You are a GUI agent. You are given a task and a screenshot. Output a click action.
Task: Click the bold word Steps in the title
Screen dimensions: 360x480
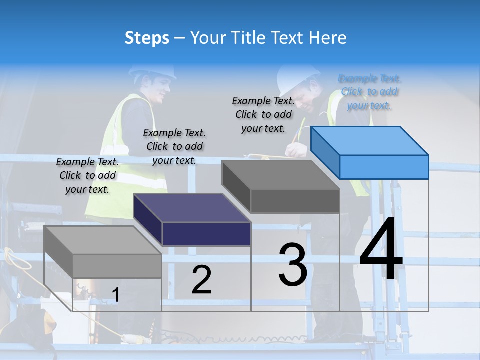pos(147,38)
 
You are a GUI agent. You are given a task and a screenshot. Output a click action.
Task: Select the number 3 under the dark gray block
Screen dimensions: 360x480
pos(293,265)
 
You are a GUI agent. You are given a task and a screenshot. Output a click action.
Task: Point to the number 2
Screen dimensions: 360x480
pos(201,280)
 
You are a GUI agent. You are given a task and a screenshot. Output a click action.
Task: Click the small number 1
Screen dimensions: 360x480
pos(115,295)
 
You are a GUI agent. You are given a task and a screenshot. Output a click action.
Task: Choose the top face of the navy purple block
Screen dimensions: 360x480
pos(192,207)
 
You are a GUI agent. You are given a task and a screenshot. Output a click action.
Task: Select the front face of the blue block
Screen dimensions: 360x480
pos(384,167)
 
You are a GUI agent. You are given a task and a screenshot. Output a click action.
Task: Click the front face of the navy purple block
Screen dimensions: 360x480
pos(206,234)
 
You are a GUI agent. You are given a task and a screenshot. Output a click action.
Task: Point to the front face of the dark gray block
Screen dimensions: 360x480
pos(295,201)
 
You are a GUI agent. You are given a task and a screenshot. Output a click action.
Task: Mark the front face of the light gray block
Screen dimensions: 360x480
pos(117,266)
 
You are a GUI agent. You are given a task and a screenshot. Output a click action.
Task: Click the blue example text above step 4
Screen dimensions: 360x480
pos(369,91)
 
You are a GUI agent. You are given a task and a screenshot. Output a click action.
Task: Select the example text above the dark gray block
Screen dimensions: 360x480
pos(263,114)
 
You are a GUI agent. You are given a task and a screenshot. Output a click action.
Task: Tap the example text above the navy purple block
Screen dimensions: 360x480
pos(174,146)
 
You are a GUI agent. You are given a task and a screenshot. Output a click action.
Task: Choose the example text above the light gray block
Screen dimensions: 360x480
pos(87,175)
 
